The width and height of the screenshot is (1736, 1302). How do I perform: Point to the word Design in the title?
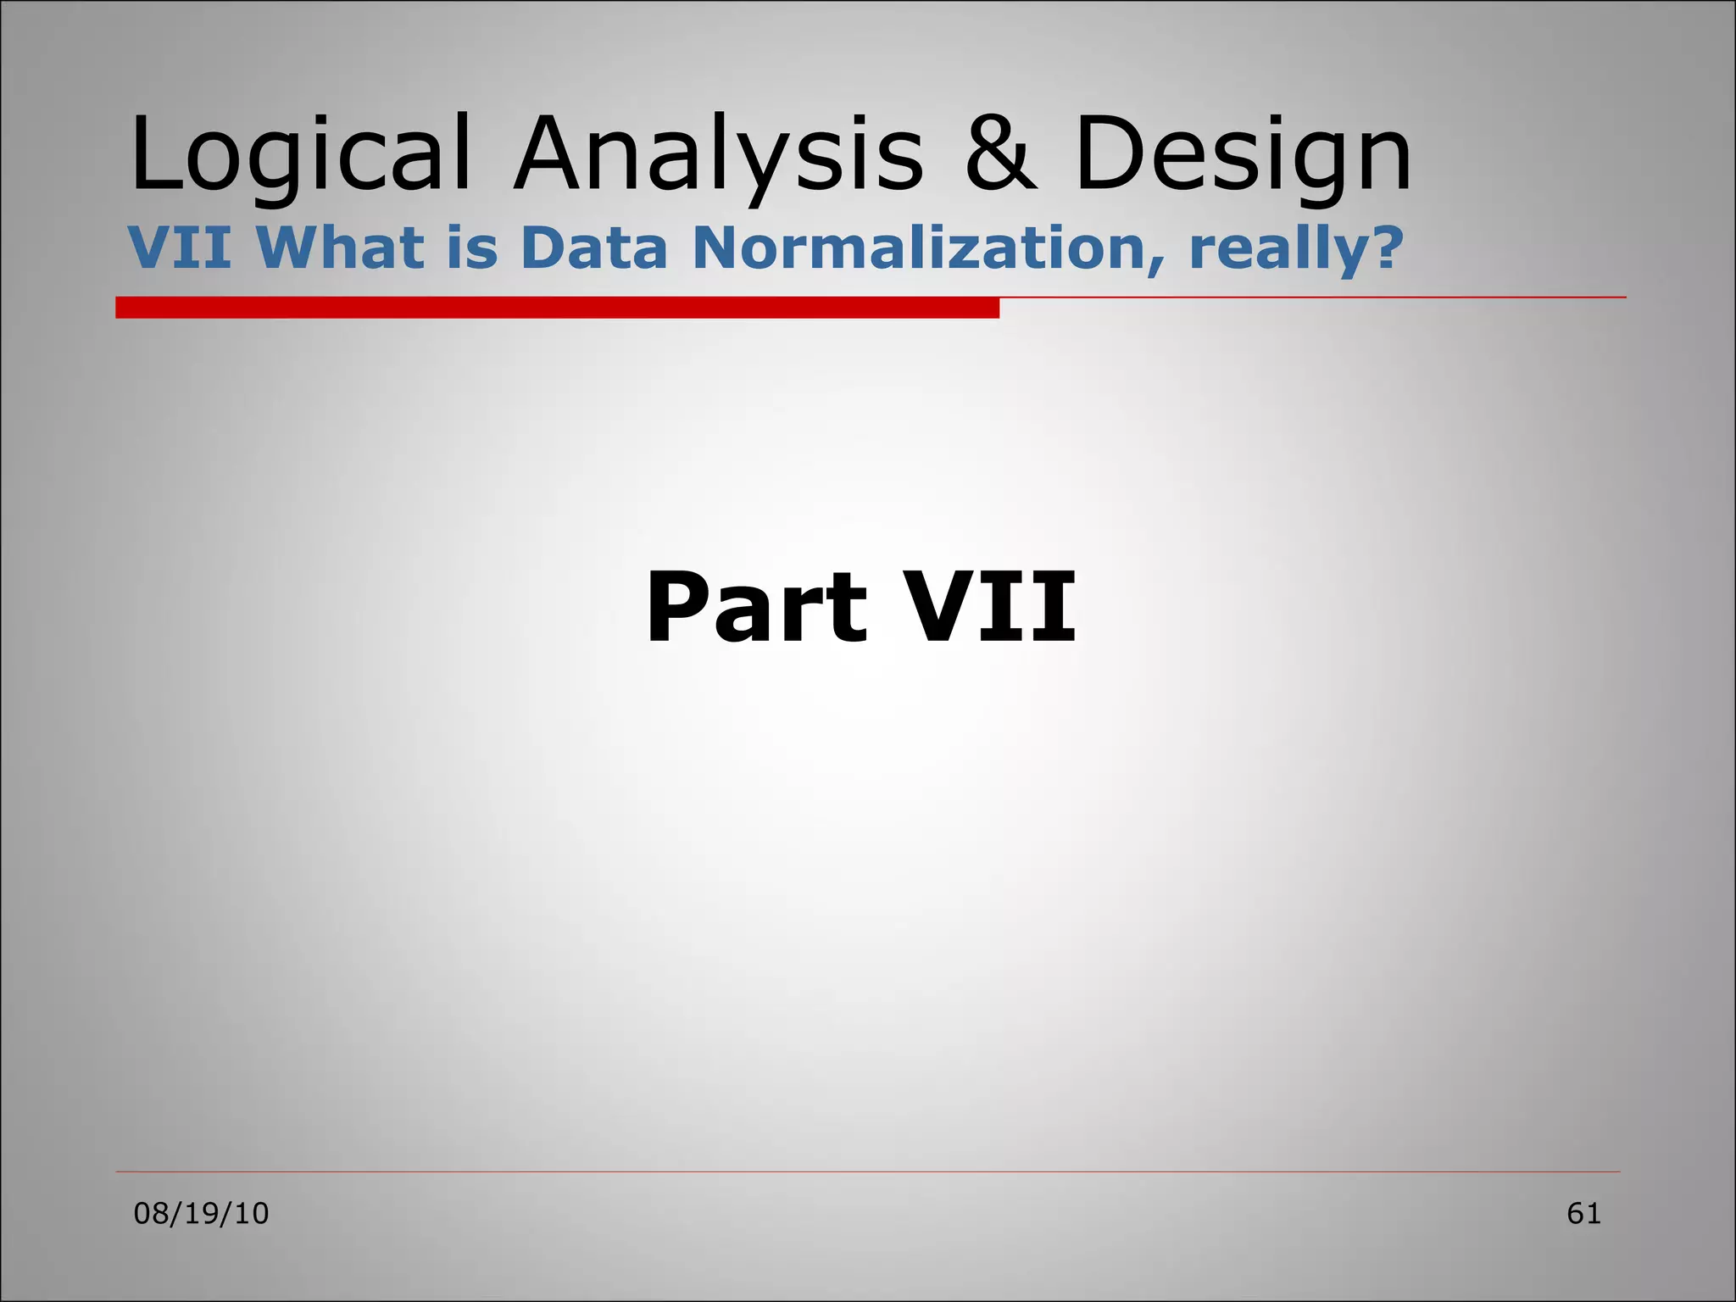[1243, 157]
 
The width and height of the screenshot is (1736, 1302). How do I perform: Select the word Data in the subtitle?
[594, 248]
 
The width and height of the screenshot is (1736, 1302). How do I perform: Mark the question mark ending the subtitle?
[1379, 248]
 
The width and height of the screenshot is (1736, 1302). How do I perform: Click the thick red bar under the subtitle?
[557, 308]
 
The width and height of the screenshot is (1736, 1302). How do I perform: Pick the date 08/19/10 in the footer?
[201, 1214]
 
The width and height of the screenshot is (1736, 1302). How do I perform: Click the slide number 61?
[1583, 1214]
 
